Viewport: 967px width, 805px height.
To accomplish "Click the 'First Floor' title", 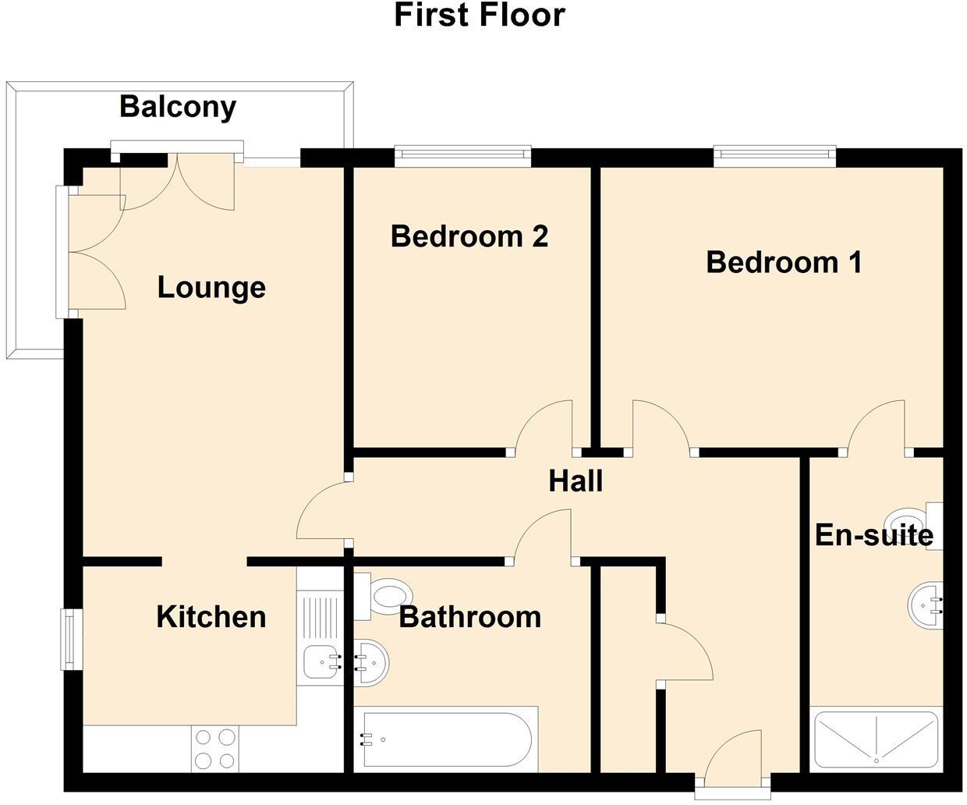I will click(x=479, y=15).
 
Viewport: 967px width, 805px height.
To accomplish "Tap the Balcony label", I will click(x=178, y=107).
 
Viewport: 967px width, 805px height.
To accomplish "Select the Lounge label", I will click(x=211, y=287).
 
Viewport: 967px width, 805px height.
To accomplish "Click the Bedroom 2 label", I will click(x=469, y=236).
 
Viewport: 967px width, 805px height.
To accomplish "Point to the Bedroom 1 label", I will click(x=784, y=262).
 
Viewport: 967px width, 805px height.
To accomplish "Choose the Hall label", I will click(x=576, y=481).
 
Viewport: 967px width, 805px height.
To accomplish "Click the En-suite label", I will click(x=873, y=535).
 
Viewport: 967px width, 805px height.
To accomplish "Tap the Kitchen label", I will click(x=211, y=617).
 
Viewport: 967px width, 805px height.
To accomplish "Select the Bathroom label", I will click(x=470, y=617).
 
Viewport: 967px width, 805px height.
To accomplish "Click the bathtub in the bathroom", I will click(x=445, y=738).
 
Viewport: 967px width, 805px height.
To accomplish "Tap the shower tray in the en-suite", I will click(x=876, y=737).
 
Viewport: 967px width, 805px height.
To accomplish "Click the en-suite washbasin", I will click(x=926, y=603).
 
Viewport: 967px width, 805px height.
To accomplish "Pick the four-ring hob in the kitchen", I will click(x=215, y=748).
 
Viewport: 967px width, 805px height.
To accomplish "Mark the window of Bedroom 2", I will click(x=462, y=156).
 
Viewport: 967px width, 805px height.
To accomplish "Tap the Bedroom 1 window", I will click(x=774, y=156).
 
